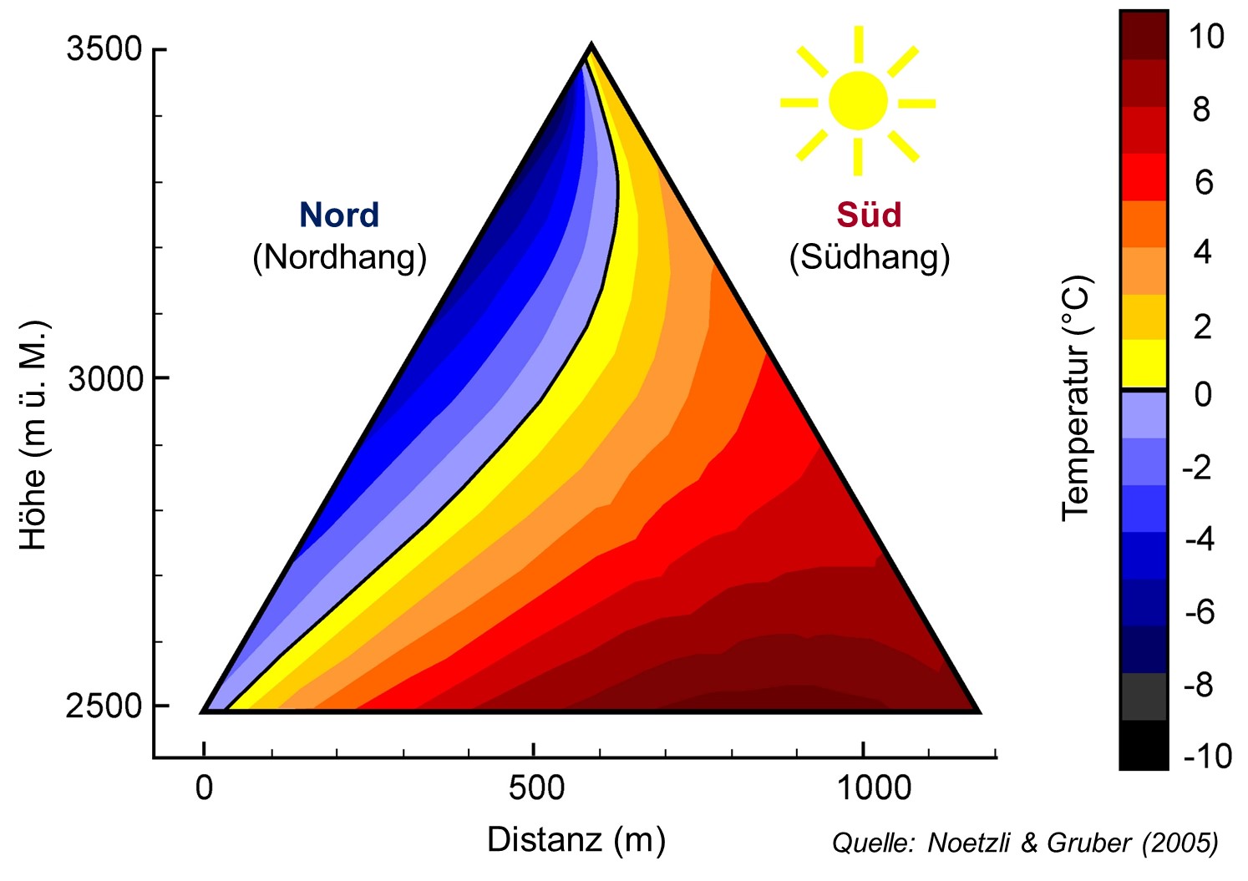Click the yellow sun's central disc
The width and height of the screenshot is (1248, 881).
click(x=858, y=100)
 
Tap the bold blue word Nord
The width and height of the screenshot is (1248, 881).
click(x=339, y=215)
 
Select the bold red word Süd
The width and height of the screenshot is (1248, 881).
click(x=869, y=215)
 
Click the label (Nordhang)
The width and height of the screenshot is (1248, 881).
click(x=339, y=257)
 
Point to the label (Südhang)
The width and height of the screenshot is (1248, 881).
click(x=870, y=257)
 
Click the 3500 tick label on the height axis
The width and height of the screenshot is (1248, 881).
click(x=104, y=49)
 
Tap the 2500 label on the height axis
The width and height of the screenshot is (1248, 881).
click(x=104, y=706)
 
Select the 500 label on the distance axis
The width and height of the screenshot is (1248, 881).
click(x=534, y=787)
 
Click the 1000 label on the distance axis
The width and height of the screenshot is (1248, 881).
click(x=874, y=787)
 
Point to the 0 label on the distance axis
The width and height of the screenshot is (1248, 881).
click(x=205, y=787)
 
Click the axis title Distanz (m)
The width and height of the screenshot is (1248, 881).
click(x=576, y=839)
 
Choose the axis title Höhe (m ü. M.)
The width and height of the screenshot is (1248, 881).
click(x=34, y=434)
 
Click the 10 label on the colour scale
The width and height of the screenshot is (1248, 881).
click(x=1205, y=37)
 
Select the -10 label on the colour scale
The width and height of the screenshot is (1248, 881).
click(x=1207, y=757)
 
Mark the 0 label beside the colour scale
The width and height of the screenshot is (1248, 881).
click(x=1203, y=394)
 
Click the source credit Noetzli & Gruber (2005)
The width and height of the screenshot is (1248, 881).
click(x=1025, y=843)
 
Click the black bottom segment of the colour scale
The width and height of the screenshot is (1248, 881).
click(x=1144, y=745)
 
